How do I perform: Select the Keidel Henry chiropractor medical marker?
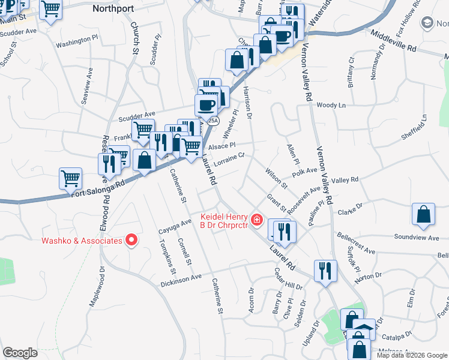click(x=257, y=220)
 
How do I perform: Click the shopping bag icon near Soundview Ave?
click(x=424, y=215)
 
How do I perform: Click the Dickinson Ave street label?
click(x=181, y=280)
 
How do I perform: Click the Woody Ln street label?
click(x=331, y=105)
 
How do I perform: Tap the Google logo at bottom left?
click(x=20, y=353)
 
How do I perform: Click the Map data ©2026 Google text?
click(x=412, y=355)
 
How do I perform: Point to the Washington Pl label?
click(x=76, y=41)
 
